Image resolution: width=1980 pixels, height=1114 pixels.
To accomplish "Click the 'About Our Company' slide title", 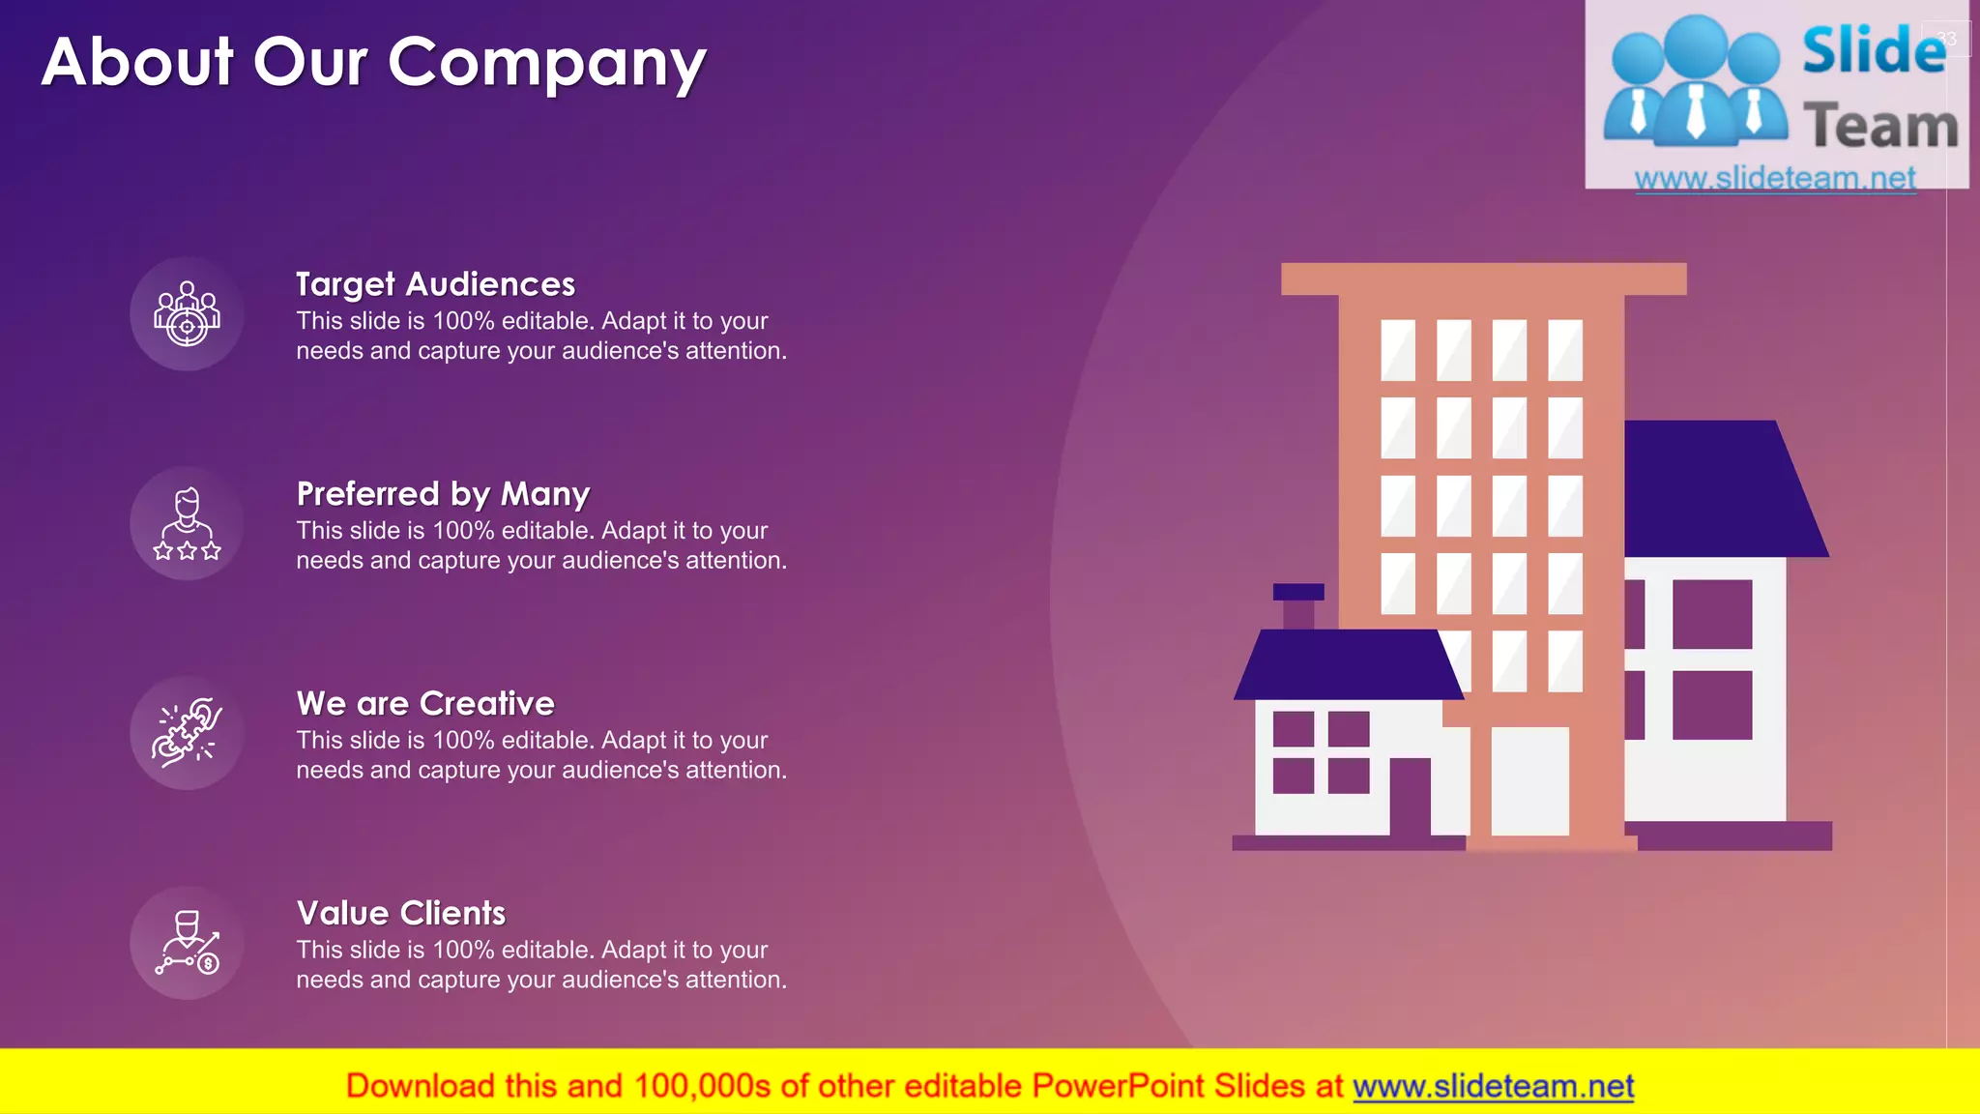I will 374,63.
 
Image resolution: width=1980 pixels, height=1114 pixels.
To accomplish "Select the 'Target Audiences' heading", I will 435,284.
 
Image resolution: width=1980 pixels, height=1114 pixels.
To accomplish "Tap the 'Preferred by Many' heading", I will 443,494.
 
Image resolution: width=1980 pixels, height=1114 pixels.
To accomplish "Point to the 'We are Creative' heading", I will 425,704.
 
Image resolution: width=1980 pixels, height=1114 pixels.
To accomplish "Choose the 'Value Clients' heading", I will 401,914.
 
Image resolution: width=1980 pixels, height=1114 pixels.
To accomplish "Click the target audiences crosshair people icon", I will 187,313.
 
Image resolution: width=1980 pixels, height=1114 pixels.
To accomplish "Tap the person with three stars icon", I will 187,523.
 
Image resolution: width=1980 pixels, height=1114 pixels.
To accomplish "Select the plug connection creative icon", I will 187,733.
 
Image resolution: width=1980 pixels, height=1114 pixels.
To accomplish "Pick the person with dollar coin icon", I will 187,943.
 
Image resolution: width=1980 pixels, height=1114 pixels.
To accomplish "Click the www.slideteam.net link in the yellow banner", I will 1493,1087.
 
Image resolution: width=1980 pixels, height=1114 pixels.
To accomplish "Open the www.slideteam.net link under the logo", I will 1775,178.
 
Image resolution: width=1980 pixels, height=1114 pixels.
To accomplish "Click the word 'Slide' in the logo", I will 1874,50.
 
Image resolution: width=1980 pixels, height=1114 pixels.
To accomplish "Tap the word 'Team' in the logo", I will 1880,127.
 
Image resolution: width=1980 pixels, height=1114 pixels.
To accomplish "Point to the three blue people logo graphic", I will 1696,82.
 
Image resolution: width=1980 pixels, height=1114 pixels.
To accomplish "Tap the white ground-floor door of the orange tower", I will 1529,780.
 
